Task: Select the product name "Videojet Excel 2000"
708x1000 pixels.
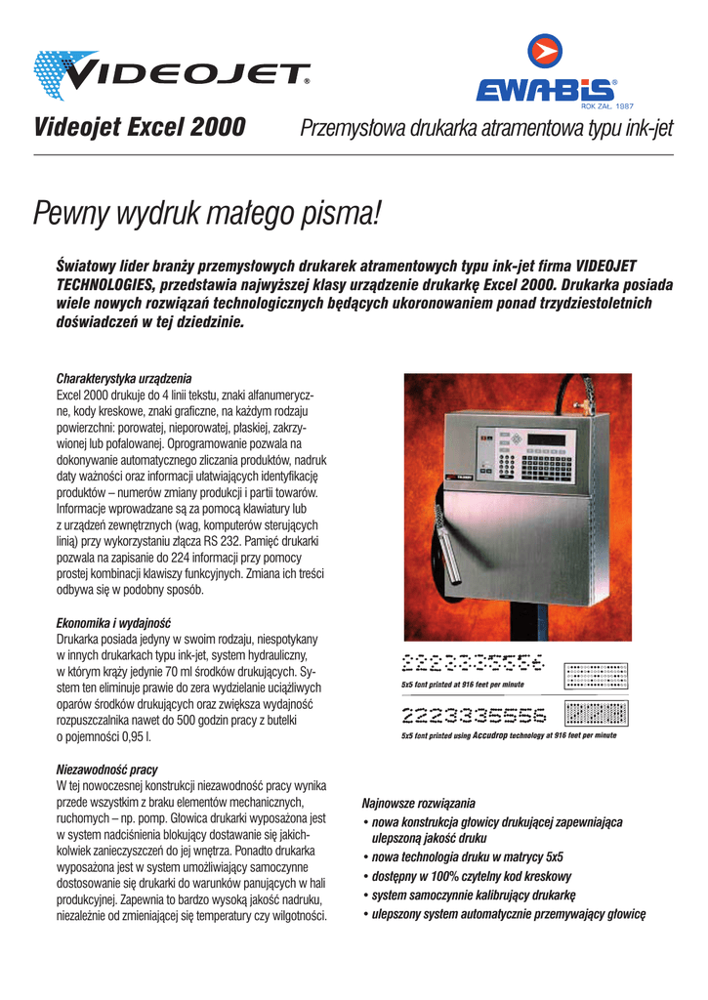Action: click(140, 128)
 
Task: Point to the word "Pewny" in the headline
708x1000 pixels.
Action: click(73, 212)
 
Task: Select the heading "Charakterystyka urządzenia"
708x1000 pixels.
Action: click(124, 378)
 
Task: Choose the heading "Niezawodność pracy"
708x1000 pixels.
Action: click(107, 770)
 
